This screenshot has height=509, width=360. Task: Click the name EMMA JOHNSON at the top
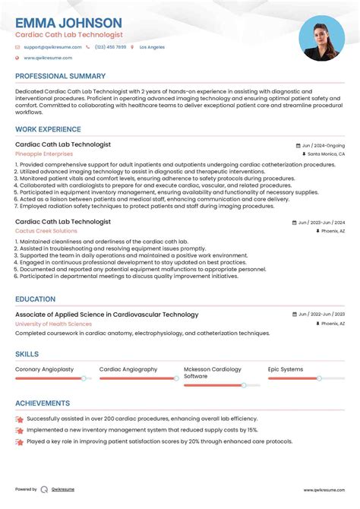[x=68, y=23]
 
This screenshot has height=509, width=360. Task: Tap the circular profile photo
[x=322, y=39]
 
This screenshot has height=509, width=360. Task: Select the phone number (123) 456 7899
[x=111, y=47]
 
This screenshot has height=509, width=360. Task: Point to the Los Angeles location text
[x=151, y=47]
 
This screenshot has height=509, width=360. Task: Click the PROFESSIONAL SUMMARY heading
[x=61, y=76]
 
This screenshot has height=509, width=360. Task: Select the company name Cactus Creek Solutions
[x=46, y=231]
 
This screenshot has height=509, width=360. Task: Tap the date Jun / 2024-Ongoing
[x=323, y=145]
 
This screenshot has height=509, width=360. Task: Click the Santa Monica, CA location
[x=326, y=153]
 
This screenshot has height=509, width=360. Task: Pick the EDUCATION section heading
[x=36, y=299]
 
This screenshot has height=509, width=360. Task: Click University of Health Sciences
[x=53, y=324]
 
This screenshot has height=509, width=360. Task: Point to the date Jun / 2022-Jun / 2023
[x=322, y=315]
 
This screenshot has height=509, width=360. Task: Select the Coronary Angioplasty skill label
[x=45, y=369]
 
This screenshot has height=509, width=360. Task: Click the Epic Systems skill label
[x=286, y=369]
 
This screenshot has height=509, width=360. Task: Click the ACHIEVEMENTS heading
[x=43, y=403]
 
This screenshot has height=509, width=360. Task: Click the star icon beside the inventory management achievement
[x=20, y=430]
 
